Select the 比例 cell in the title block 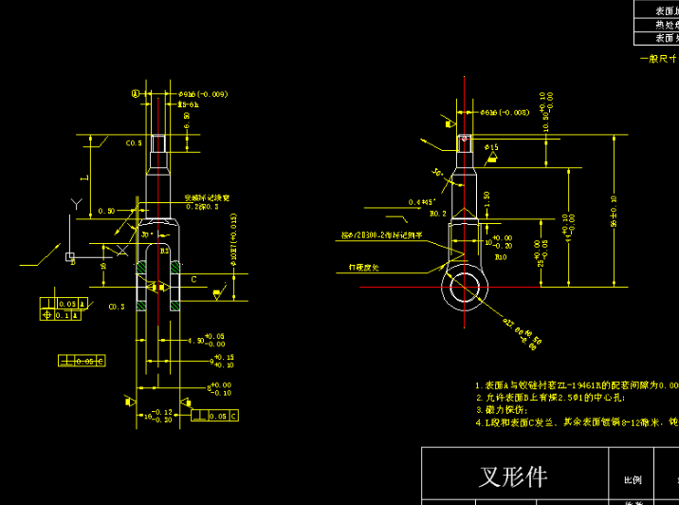pyautogui.click(x=631, y=479)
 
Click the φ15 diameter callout pyautogui.click(x=491, y=148)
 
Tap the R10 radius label pyautogui.click(x=500, y=255)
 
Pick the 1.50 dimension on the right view pyautogui.click(x=486, y=200)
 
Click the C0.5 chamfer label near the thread pyautogui.click(x=134, y=142)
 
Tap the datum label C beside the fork pyautogui.click(x=193, y=280)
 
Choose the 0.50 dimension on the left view pyautogui.click(x=105, y=211)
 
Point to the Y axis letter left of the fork pyautogui.click(x=74, y=202)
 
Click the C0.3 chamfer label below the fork pyautogui.click(x=117, y=307)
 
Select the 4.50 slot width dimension pyautogui.click(x=197, y=339)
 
